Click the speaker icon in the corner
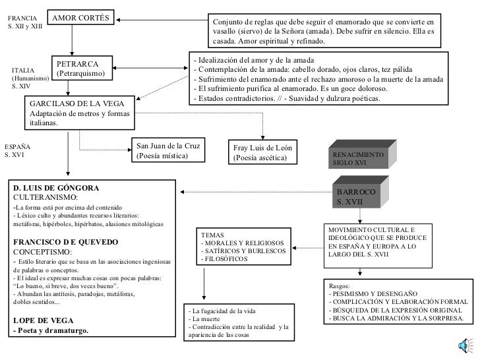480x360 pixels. [464, 344]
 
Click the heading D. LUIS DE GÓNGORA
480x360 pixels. [56, 188]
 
